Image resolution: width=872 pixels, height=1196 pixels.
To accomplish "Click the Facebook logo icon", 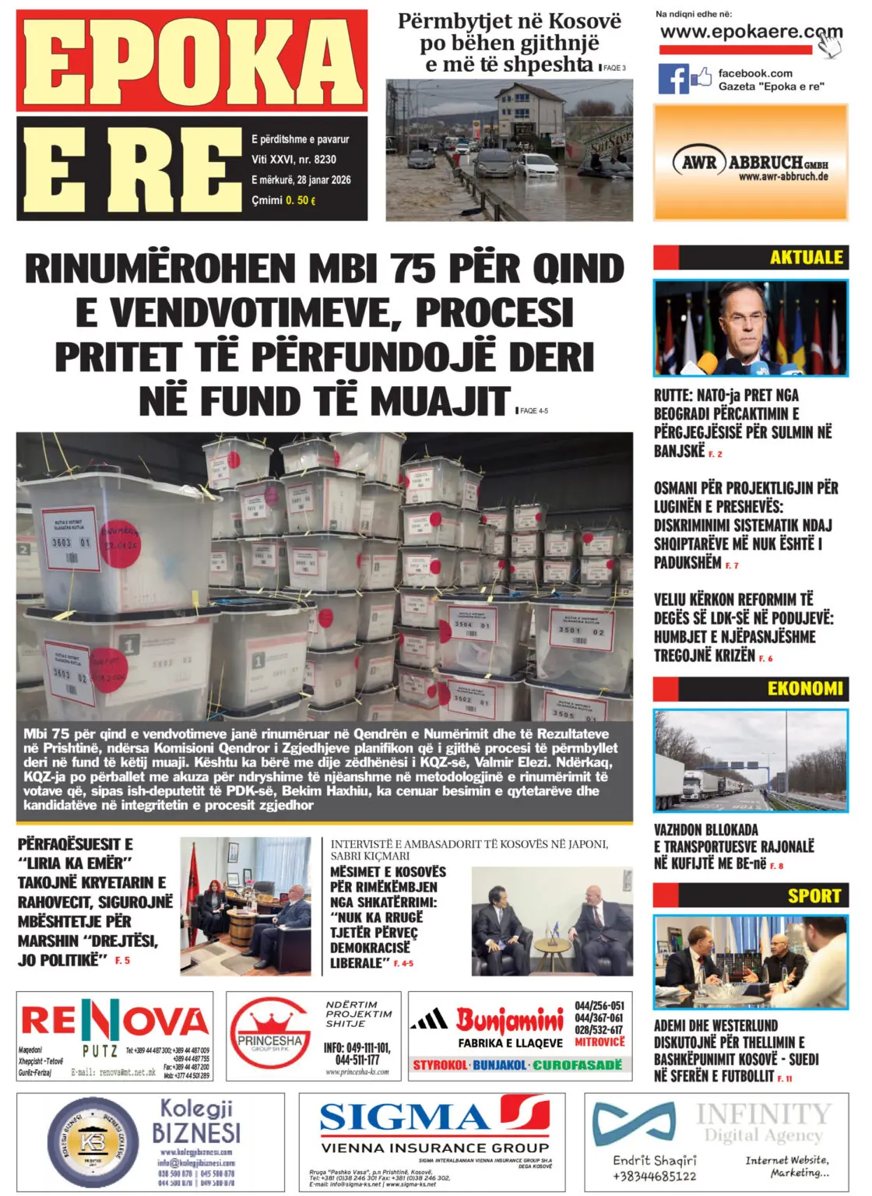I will (x=674, y=79).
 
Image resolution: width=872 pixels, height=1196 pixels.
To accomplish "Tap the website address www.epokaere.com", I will (x=751, y=33).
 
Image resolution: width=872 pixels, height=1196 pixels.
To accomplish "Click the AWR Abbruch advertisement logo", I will (x=750, y=164).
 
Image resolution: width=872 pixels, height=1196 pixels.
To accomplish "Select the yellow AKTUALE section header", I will (x=806, y=258).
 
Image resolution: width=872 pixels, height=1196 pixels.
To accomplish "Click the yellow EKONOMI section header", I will (x=804, y=688).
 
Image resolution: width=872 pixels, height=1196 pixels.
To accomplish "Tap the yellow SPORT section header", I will (x=814, y=895).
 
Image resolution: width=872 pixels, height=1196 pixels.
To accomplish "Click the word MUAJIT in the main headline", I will (x=440, y=401).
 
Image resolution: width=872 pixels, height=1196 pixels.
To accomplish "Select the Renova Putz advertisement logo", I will (x=114, y=1022).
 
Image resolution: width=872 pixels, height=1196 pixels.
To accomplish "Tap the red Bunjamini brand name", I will (x=509, y=1018).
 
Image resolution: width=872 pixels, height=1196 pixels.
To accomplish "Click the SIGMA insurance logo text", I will (x=405, y=1118).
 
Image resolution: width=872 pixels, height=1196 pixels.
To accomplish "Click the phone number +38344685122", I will (x=654, y=1176).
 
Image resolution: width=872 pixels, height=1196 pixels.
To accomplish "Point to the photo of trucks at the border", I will (x=751, y=760).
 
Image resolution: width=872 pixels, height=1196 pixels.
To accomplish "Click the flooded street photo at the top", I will (x=509, y=150).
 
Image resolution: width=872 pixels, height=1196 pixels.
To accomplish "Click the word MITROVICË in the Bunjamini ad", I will (x=599, y=1042).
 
